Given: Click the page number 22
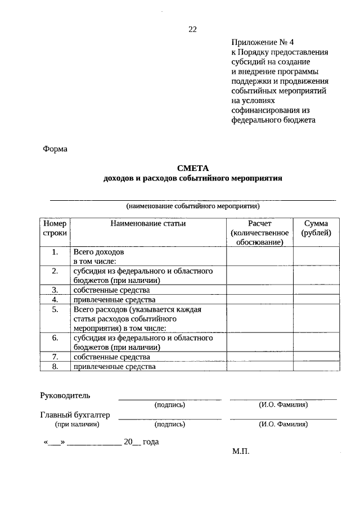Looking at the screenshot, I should coord(192,29).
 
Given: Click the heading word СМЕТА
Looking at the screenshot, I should coord(192,168).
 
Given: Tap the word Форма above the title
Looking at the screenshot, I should coord(55,149).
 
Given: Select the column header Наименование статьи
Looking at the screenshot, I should coord(148,223).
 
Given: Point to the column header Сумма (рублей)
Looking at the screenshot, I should coord(316,228).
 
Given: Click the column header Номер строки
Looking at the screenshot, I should coord(55,228).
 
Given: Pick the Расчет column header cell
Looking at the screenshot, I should coord(259,232).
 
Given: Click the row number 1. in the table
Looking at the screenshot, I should coord(55,252).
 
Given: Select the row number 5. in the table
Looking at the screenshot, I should coord(55,309).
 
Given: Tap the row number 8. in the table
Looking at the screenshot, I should coord(55,367).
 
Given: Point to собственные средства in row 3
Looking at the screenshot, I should coord(111,290).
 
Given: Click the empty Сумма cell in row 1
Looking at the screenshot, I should coord(316,256).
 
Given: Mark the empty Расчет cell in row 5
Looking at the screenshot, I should coord(259,318).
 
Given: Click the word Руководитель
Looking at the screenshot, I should coord(65,395).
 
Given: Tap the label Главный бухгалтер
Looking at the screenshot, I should coord(75,415).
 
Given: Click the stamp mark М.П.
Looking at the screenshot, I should coord(240,452).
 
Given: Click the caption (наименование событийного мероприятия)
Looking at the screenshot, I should coord(193,206).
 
